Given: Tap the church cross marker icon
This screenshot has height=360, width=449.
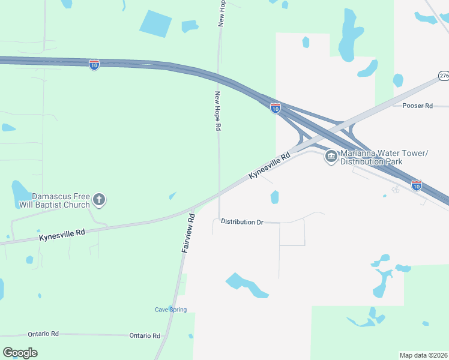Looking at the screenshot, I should (x=100, y=200).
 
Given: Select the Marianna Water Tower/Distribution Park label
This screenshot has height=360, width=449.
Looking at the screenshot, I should (x=384, y=157).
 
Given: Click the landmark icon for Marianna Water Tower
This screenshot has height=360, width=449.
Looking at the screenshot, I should (x=331, y=157).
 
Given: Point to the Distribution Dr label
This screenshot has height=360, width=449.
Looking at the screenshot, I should (x=242, y=222).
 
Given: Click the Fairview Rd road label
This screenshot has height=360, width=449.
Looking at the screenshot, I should (x=188, y=233).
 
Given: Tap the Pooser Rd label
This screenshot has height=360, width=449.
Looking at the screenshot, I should (x=418, y=106).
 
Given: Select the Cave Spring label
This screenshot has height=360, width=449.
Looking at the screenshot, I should (x=171, y=310).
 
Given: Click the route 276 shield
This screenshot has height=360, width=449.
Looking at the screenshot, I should (x=443, y=76).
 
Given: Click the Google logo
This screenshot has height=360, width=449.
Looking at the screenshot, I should (x=20, y=353).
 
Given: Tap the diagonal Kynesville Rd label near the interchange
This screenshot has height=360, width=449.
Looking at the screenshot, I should (x=269, y=165).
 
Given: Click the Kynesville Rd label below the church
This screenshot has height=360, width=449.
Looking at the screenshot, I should (x=62, y=234).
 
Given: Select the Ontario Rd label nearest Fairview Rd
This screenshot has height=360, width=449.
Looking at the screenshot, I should (x=145, y=336).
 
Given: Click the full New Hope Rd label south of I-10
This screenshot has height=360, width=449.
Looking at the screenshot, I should (x=218, y=111).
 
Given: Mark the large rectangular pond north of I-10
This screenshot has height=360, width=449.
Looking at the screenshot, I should (x=155, y=23).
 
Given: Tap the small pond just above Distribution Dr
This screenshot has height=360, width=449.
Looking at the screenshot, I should (x=275, y=197).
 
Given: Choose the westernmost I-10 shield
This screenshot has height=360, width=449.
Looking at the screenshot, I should (x=94, y=65).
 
